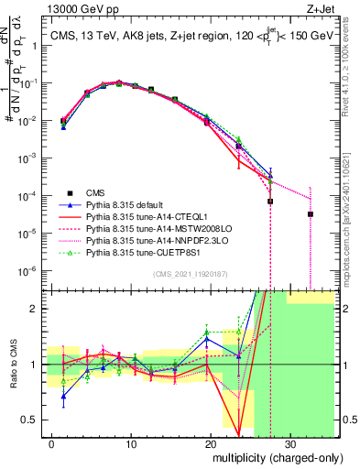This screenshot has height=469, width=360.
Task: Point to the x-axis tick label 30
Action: (289, 443)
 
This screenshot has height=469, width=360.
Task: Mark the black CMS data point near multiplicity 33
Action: (310, 214)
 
